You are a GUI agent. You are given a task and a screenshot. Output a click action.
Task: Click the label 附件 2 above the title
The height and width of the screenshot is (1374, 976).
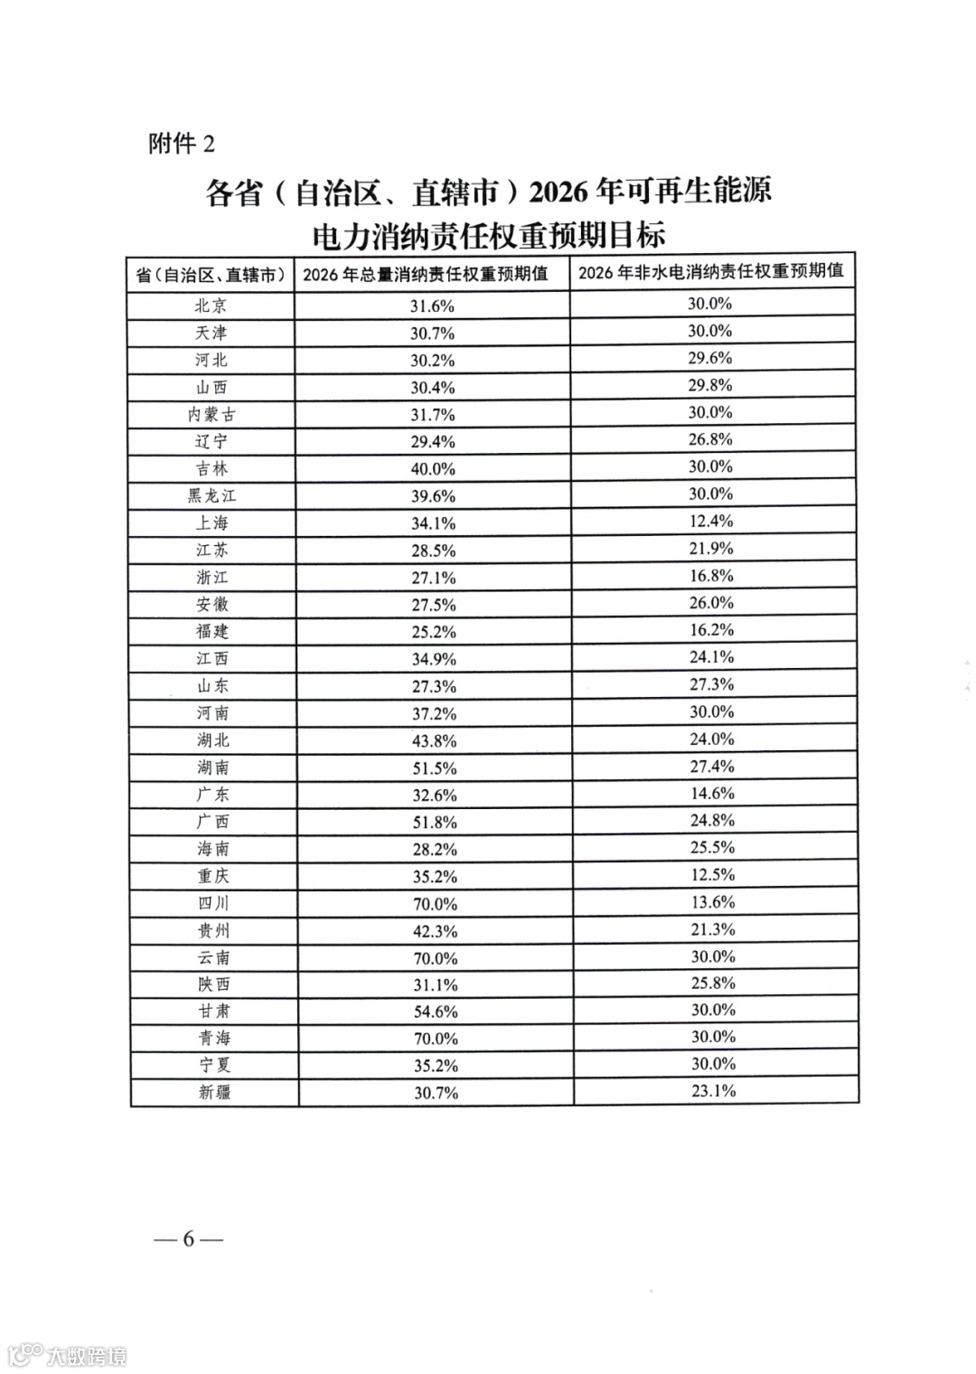pos(182,144)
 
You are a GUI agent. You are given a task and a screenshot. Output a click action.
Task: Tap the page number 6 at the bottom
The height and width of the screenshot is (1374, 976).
pos(188,1238)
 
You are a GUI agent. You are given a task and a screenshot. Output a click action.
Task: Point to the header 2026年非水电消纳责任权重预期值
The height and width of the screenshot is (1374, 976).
pos(711,271)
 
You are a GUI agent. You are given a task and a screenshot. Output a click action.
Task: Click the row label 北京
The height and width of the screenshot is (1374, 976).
pos(211,306)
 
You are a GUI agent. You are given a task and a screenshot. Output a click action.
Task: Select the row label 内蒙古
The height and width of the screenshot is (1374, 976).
pos(211,414)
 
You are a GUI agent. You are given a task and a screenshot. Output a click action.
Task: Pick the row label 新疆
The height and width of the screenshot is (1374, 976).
pos(214,1092)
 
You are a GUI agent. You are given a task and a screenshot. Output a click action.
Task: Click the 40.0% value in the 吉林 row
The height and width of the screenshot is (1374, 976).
pos(434,469)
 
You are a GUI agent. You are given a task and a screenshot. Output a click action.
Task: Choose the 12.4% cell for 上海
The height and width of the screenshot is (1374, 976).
pos(711,522)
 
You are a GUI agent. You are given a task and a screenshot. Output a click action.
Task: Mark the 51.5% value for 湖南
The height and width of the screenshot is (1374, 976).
pos(435,768)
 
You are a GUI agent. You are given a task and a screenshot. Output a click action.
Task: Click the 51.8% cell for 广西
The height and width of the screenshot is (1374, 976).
pos(435,823)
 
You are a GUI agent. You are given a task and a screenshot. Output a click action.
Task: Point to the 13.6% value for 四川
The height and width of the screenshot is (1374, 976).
pos(713,902)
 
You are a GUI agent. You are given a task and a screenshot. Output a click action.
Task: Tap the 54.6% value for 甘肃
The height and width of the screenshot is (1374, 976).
pos(436,1012)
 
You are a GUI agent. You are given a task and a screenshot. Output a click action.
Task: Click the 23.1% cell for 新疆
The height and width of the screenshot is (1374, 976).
pos(714,1091)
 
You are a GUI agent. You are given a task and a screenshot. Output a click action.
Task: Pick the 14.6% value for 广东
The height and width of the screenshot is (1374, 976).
pos(713,794)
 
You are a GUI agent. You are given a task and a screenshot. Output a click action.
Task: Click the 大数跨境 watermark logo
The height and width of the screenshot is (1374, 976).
pos(69,1355)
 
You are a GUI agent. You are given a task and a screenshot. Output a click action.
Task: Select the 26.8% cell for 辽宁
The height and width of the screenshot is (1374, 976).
pos(710,439)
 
